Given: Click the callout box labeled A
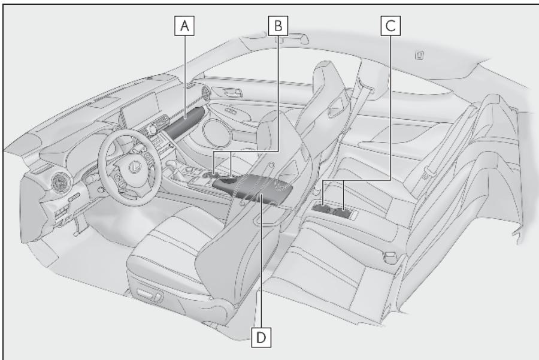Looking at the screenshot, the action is click(x=184, y=26).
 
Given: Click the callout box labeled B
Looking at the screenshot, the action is click(x=278, y=26).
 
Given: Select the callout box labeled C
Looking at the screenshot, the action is click(x=390, y=26).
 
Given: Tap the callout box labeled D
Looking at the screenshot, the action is click(x=261, y=337).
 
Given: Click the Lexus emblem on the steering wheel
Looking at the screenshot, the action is click(x=134, y=167).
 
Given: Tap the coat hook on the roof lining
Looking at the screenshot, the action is click(x=419, y=55).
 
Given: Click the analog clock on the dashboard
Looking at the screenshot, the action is click(x=152, y=129).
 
